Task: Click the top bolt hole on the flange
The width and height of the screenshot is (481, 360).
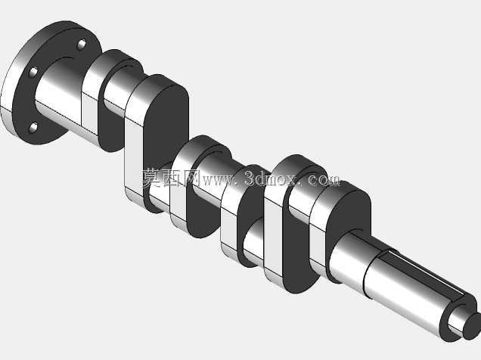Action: pos(81,45)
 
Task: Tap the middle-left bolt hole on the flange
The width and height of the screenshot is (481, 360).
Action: pos(33,72)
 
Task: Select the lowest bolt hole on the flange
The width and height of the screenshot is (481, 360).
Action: pos(33,128)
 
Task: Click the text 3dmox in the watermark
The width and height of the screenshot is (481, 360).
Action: pos(271,178)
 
